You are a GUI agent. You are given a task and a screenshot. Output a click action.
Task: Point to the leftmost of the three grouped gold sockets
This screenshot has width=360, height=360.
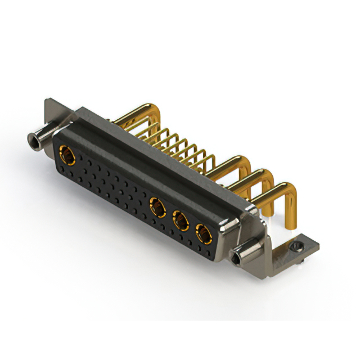(x=157, y=208)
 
